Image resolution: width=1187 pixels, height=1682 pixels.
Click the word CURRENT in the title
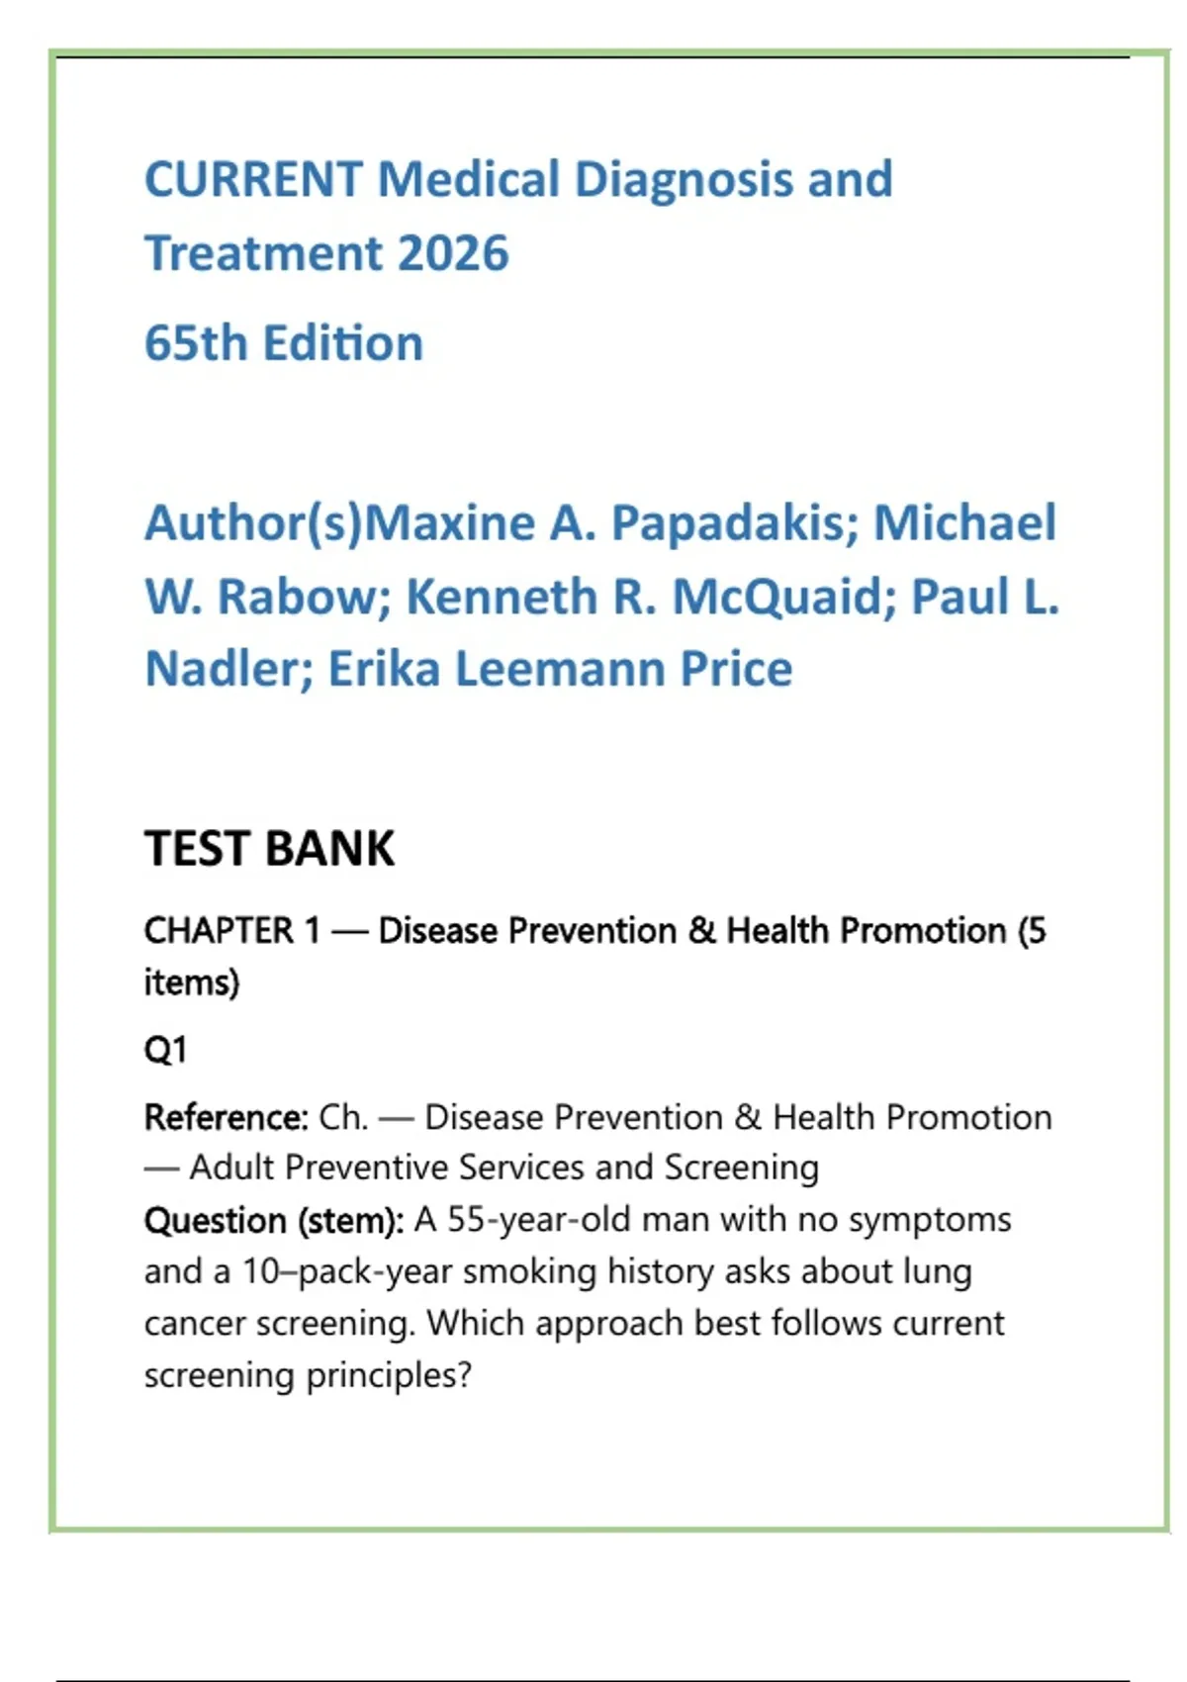(254, 180)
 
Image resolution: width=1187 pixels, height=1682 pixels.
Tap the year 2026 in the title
(453, 253)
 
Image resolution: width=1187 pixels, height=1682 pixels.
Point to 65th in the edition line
(196, 343)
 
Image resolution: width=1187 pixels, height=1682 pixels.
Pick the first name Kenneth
(501, 596)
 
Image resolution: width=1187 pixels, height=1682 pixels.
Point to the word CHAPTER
(220, 931)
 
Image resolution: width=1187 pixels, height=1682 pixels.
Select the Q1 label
(165, 1050)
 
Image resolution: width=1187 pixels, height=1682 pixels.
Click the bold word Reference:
(227, 1118)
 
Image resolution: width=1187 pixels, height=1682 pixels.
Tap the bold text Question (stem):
(274, 1221)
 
